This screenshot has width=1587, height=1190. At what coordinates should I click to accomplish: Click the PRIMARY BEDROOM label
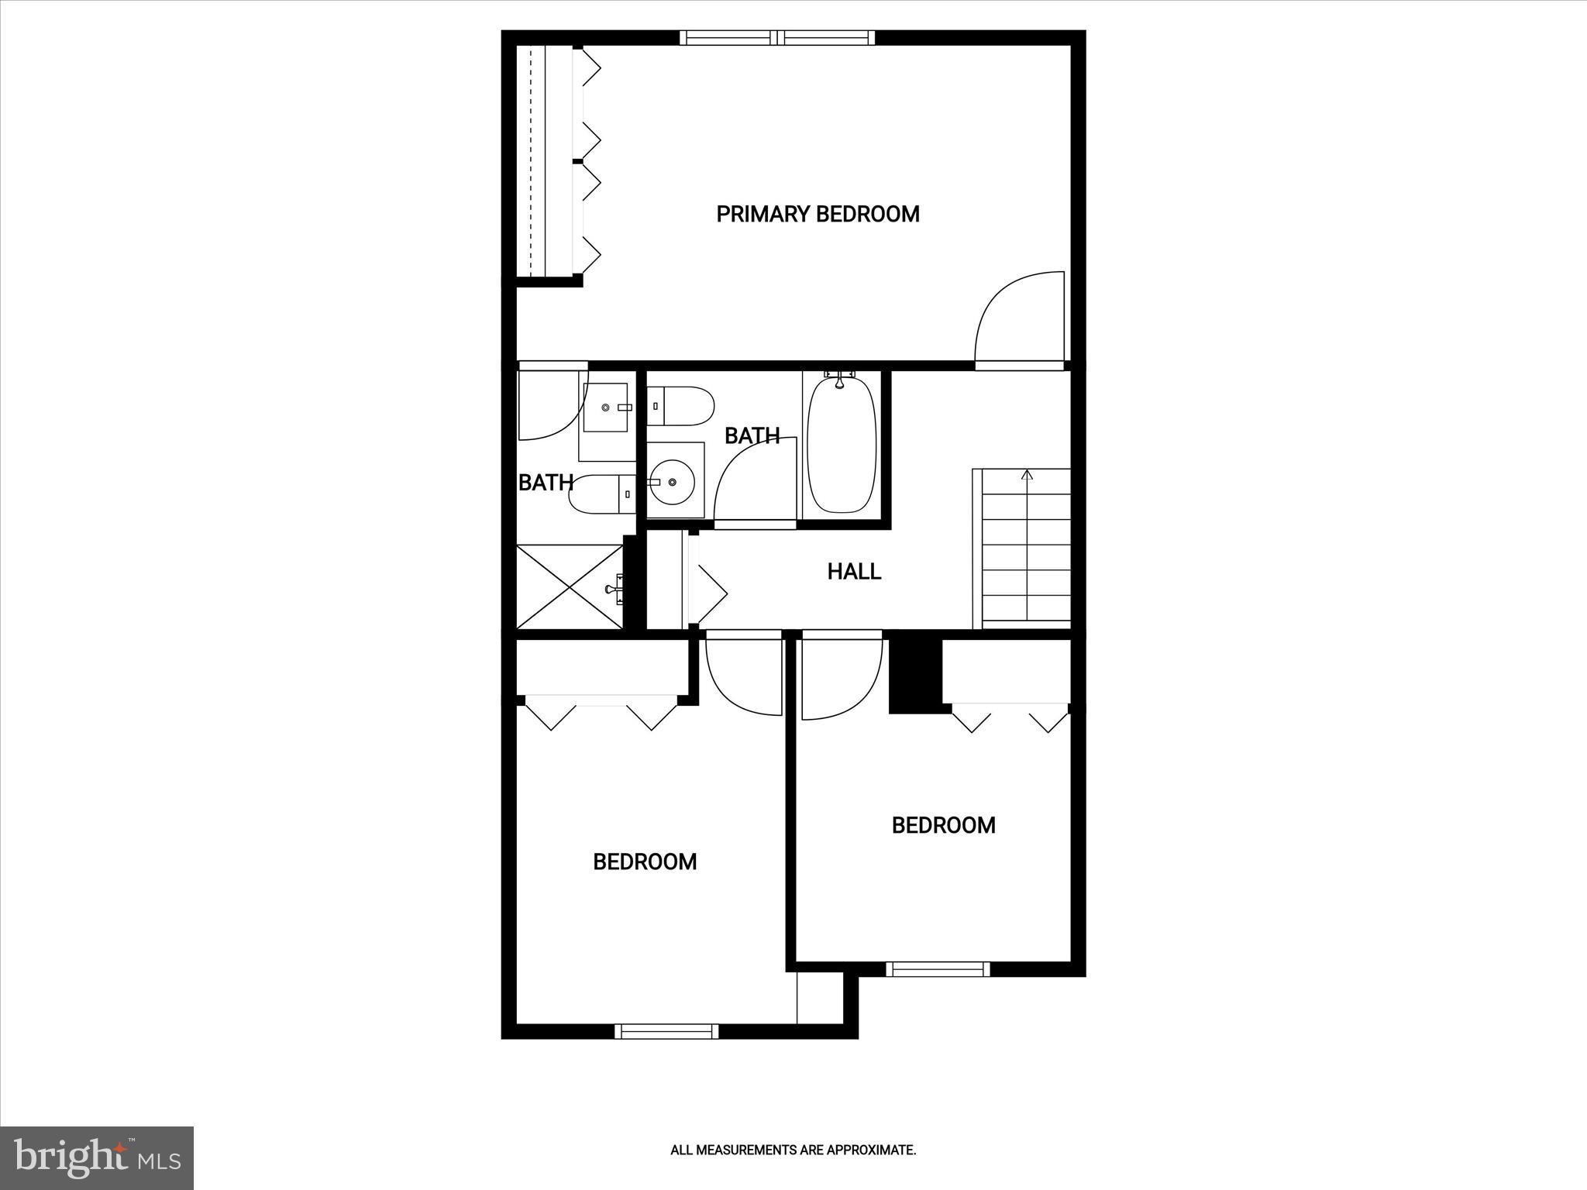[818, 215]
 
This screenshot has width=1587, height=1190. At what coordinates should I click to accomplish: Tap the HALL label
[854, 572]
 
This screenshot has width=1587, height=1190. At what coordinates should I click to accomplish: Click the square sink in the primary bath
[606, 408]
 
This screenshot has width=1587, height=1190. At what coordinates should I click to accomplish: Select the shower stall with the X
[570, 587]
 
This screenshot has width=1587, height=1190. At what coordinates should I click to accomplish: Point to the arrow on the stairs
[1028, 476]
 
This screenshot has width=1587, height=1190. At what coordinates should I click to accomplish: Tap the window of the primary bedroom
[777, 37]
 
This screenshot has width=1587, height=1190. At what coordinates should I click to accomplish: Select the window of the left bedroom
[666, 1031]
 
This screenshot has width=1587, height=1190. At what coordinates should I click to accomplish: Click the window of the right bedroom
[938, 969]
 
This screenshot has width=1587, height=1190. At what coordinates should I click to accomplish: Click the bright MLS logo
[97, 1157]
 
